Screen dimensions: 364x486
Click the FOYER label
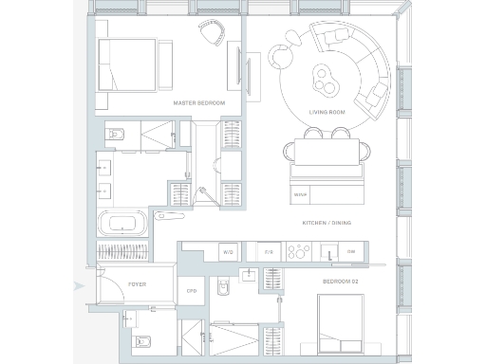click(x=136, y=283)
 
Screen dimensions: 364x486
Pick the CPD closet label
click(x=191, y=291)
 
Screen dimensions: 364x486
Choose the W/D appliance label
click(x=228, y=252)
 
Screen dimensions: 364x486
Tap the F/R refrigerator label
click(x=268, y=252)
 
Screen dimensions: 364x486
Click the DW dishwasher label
click(x=351, y=252)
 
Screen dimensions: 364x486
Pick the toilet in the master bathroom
click(x=115, y=133)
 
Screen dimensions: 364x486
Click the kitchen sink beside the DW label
click(x=327, y=252)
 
